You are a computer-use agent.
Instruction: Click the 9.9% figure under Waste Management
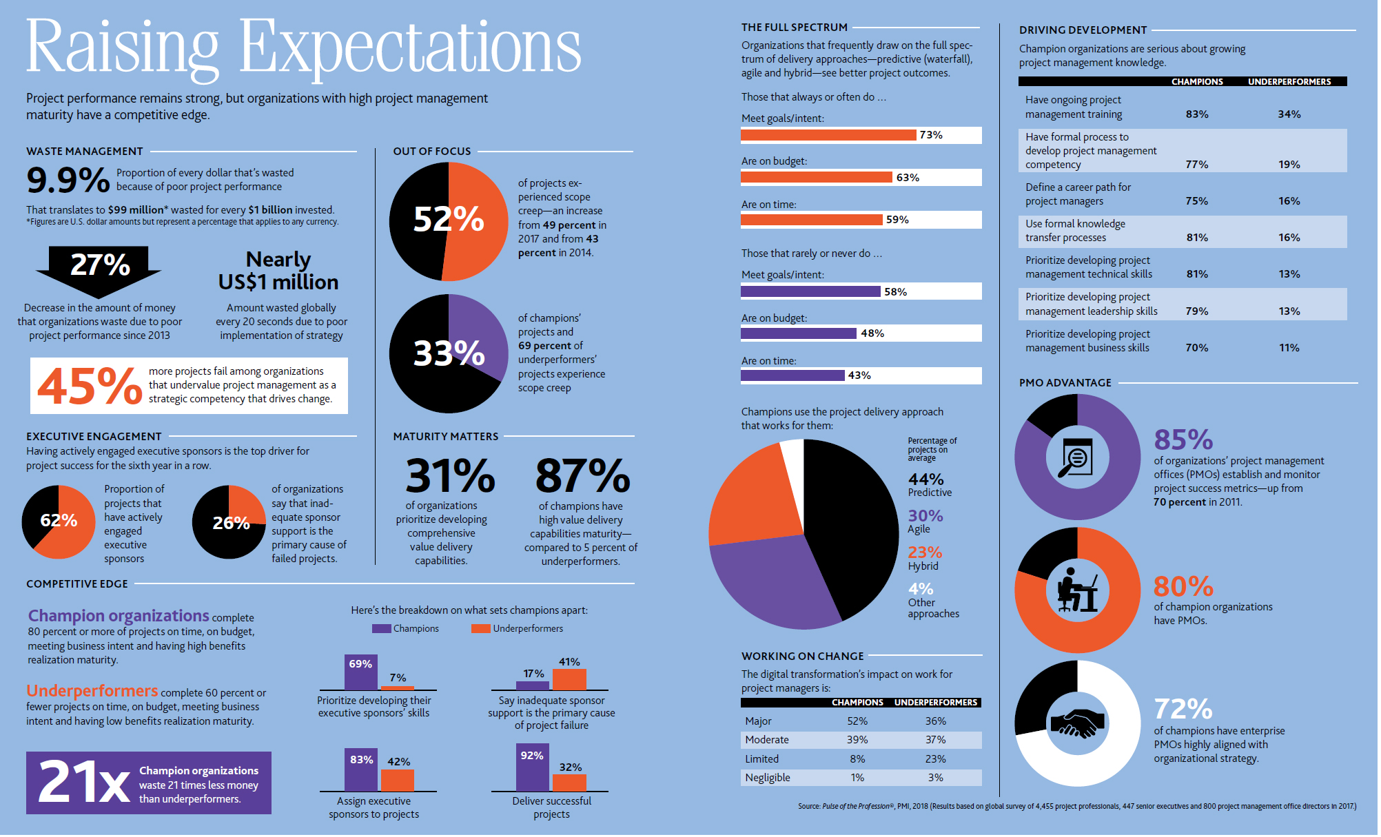(68, 180)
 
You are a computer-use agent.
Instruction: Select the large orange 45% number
(90, 386)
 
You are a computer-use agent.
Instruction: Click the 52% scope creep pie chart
(449, 221)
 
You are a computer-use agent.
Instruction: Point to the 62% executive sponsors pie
(59, 522)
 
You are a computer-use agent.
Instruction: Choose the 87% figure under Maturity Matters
(583, 476)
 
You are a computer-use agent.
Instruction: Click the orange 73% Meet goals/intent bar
(828, 135)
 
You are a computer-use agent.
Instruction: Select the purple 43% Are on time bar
(792, 375)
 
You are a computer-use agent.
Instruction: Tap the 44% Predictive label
(930, 484)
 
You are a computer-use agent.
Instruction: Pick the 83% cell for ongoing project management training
(1197, 114)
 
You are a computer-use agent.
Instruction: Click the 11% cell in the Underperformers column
(1289, 348)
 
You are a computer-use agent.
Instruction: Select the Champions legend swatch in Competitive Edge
(381, 628)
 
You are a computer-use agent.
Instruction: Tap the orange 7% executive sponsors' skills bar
(398, 688)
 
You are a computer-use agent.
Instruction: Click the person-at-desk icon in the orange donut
(1077, 590)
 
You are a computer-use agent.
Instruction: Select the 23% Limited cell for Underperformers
(935, 759)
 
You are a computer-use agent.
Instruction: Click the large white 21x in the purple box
(84, 782)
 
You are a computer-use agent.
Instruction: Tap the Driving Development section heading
(1083, 30)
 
